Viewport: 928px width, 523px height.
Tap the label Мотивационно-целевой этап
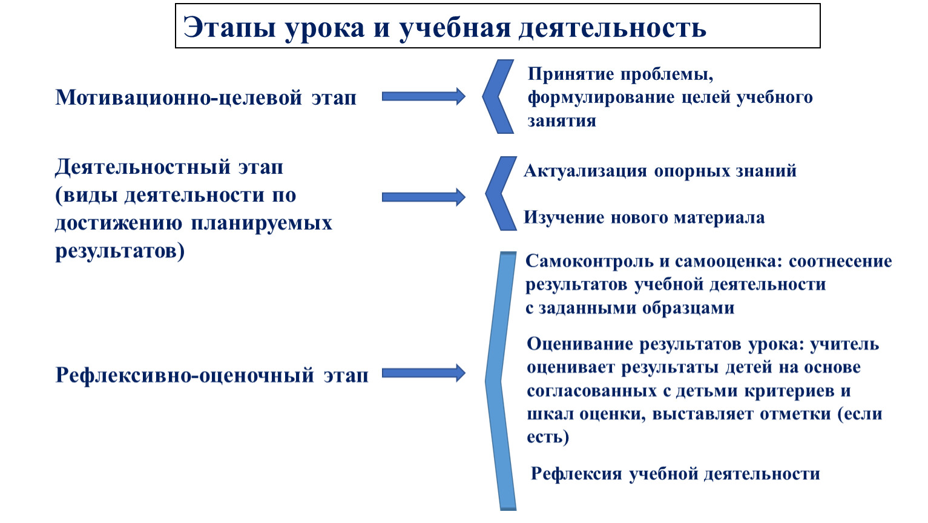[206, 98]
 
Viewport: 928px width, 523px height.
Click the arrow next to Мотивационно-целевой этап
[423, 97]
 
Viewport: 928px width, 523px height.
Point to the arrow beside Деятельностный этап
[423, 197]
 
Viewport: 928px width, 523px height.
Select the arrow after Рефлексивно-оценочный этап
[423, 373]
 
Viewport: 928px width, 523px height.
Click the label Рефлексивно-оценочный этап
[212, 375]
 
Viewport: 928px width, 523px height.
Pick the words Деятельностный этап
[169, 168]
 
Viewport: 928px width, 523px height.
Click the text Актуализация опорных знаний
[660, 171]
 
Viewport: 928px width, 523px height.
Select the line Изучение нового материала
[644, 217]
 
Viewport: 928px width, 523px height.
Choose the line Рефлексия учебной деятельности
[676, 474]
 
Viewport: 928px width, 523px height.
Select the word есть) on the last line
[548, 437]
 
